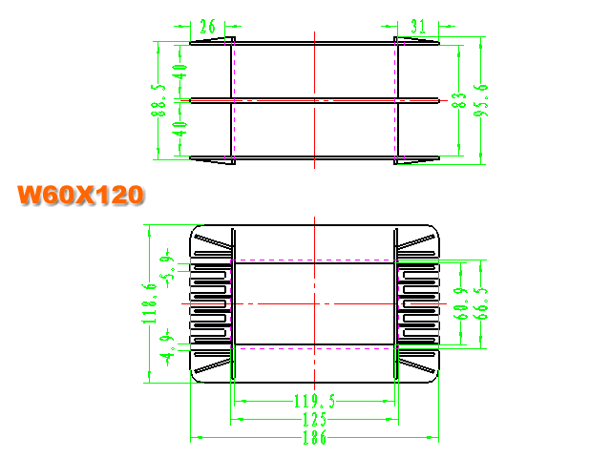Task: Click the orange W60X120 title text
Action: (80, 195)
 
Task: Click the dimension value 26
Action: (207, 27)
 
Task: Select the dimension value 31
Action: (418, 27)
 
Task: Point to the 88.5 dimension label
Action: (158, 100)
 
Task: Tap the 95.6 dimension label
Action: (480, 100)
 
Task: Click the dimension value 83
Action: (458, 100)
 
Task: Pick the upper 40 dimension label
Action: (179, 72)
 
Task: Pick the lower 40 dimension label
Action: (179, 129)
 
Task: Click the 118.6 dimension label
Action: (149, 303)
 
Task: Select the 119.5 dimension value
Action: (314, 401)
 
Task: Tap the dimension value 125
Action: (314, 420)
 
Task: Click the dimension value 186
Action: (314, 437)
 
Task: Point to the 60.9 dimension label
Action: (460, 303)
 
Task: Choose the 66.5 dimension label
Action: (480, 303)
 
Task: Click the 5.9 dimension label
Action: (167, 268)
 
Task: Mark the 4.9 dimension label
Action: (167, 347)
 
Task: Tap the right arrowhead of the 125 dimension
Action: (392, 420)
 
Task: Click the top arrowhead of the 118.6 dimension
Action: (149, 231)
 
